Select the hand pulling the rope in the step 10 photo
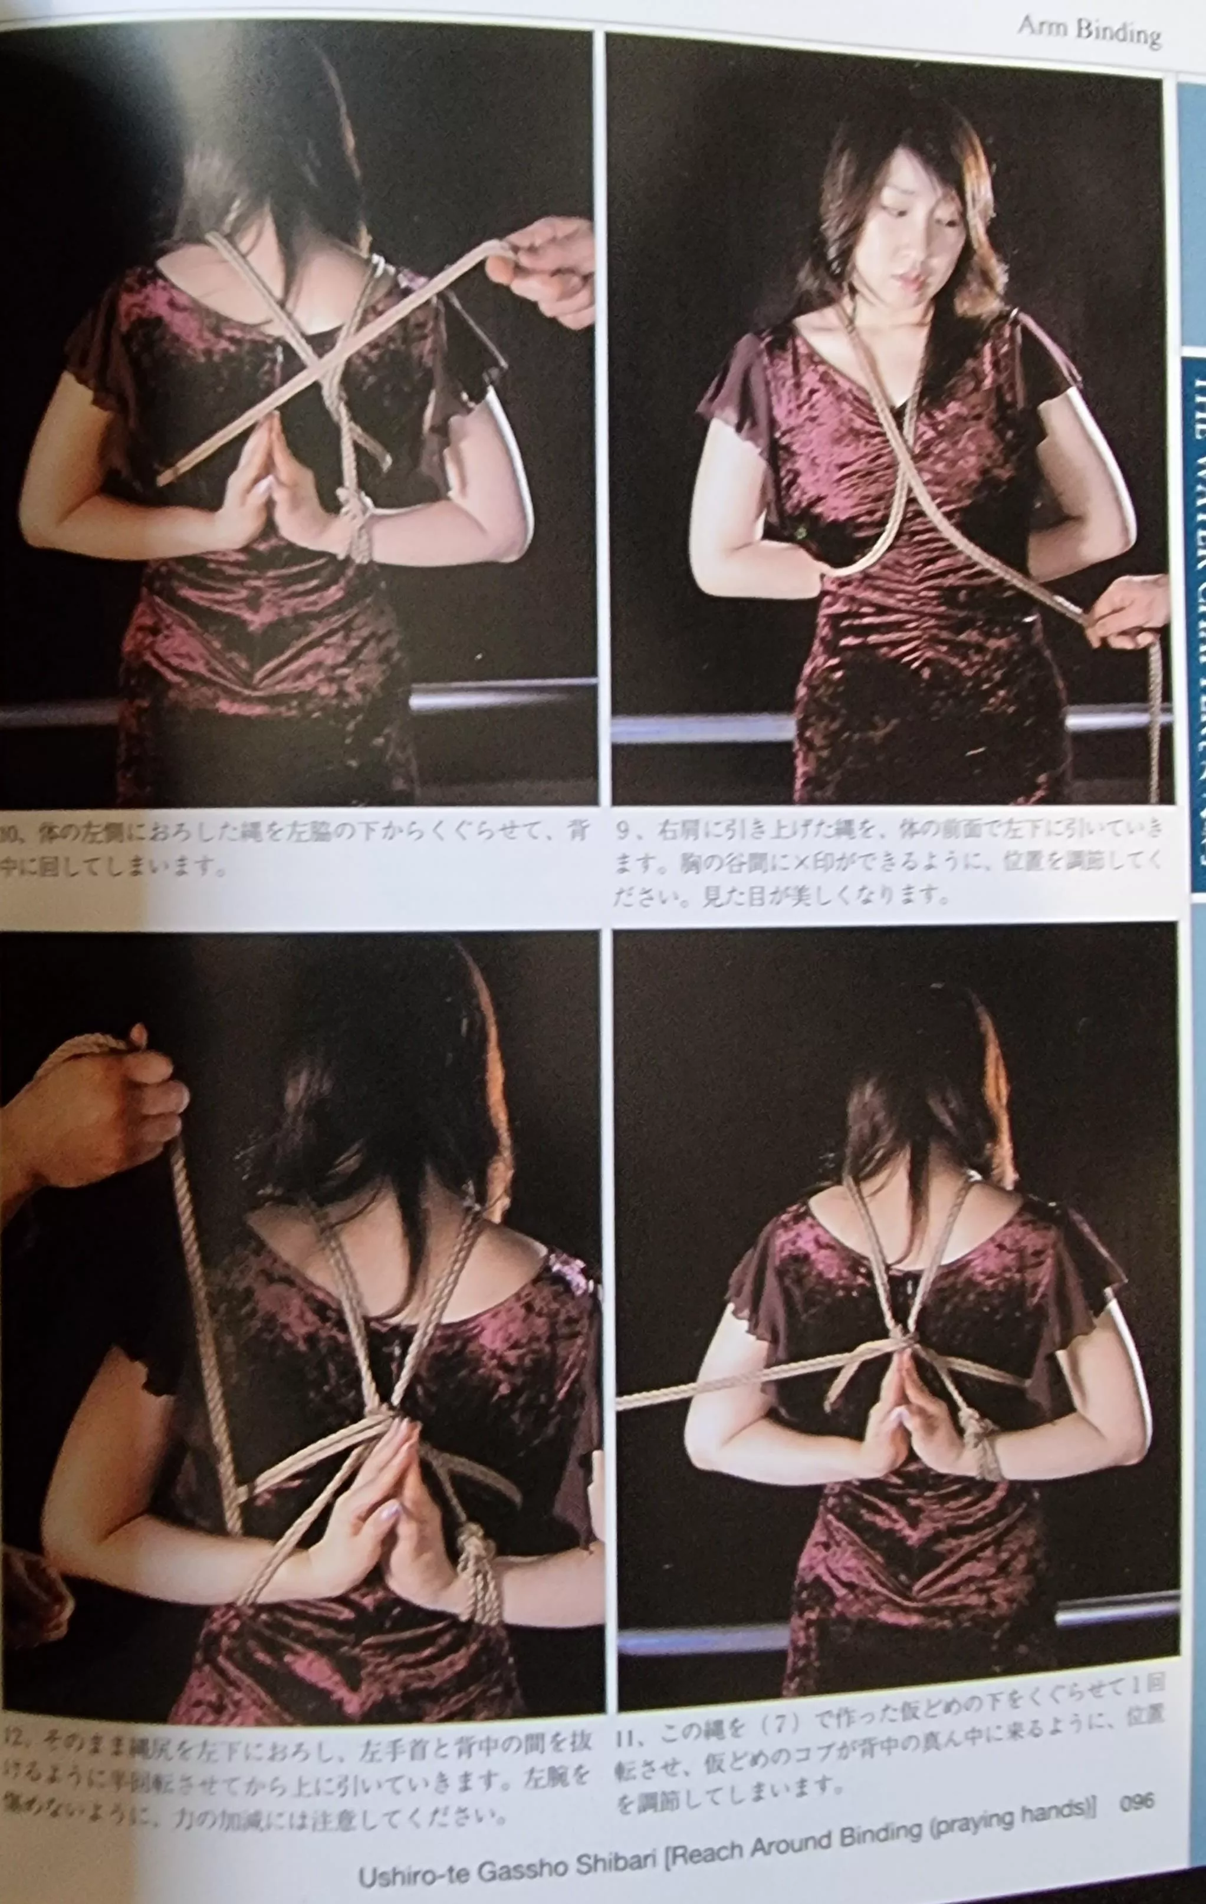pos(546,269)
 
